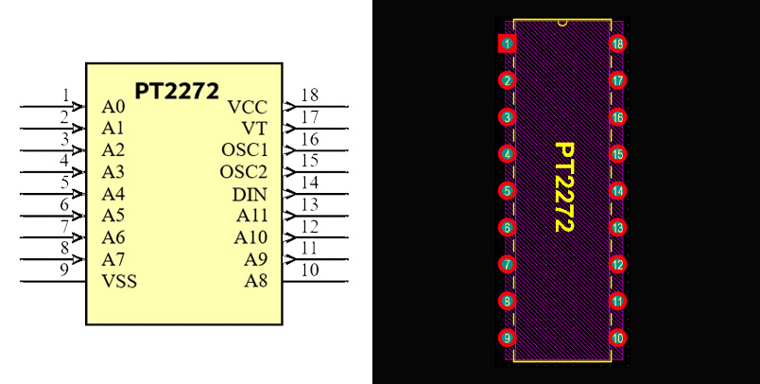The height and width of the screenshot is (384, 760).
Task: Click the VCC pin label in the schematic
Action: pos(248,106)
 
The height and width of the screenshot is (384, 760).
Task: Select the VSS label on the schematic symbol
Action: pos(119,281)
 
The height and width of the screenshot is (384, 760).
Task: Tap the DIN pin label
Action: pos(250,195)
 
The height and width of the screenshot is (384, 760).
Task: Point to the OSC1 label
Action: pos(245,150)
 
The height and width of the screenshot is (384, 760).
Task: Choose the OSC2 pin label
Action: pos(245,172)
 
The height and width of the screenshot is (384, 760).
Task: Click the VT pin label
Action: pos(254,128)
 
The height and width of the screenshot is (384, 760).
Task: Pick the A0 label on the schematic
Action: pos(113,106)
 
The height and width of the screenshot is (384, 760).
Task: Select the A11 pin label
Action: pos(251,217)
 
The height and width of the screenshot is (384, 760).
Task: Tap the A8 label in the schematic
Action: pos(256,281)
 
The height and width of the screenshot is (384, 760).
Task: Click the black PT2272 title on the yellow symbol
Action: pos(177,91)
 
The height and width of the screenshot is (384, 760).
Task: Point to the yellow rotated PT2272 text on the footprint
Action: pos(563,186)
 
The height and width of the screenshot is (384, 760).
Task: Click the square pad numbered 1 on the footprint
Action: pos(508,44)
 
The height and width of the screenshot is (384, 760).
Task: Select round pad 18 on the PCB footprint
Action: pos(618,44)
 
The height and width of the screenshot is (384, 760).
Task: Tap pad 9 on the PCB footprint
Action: pos(508,338)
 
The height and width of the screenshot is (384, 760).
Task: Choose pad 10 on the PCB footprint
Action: pos(618,338)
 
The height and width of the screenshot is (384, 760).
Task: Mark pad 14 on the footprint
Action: pos(618,191)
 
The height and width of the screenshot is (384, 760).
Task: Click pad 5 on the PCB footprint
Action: pos(508,191)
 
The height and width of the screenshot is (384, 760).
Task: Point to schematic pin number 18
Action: pos(309,95)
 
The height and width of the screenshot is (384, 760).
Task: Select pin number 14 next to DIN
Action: pos(309,183)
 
